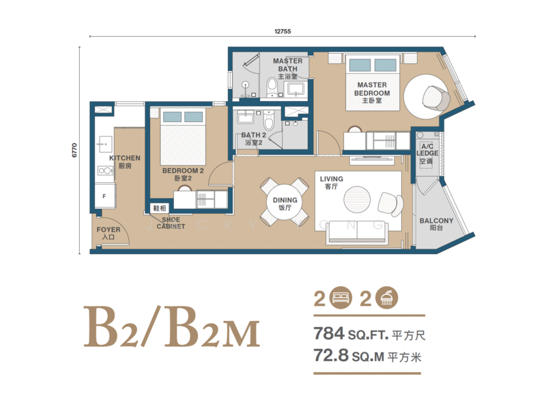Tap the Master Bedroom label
click(x=372, y=93)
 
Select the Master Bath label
click(x=287, y=69)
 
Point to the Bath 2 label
click(x=253, y=139)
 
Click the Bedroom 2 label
click(x=183, y=174)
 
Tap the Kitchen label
click(x=125, y=162)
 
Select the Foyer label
click(x=108, y=233)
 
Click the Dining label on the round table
click(x=285, y=203)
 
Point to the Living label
click(x=332, y=182)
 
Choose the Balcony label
click(x=435, y=224)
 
